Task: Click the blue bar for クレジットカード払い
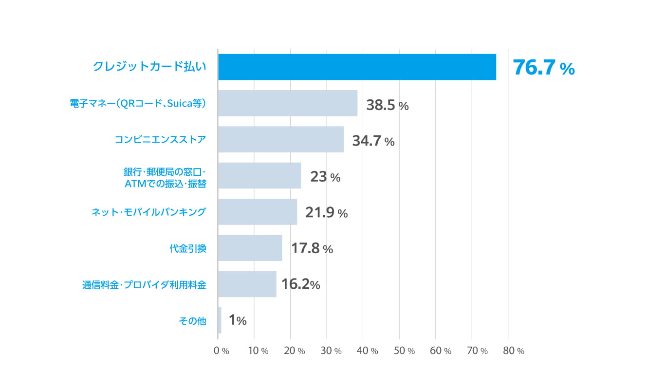(357, 67)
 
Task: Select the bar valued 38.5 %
(287, 103)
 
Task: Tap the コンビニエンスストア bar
(280, 139)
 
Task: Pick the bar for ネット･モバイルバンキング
(258, 212)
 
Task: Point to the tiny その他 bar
(220, 320)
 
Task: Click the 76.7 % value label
(543, 68)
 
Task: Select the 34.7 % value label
(373, 142)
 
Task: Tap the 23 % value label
(325, 177)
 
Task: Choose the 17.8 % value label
(312, 249)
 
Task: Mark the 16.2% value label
(300, 284)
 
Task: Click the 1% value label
(238, 320)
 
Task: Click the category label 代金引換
(188, 249)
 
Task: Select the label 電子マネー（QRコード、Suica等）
(138, 103)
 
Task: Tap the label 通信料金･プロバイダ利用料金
(144, 285)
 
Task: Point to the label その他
(193, 321)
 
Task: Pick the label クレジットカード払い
(149, 67)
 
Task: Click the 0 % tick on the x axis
(222, 351)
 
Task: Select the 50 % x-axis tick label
(404, 351)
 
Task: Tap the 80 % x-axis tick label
(513, 351)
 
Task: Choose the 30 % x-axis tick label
(331, 351)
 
